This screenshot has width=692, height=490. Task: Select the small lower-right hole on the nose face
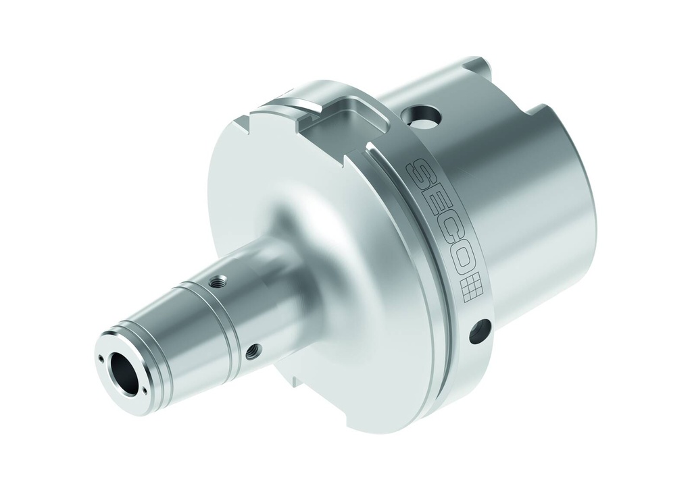[x=144, y=388]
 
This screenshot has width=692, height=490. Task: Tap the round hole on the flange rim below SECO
[x=480, y=330]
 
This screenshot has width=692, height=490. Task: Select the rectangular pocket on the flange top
[x=345, y=119]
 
